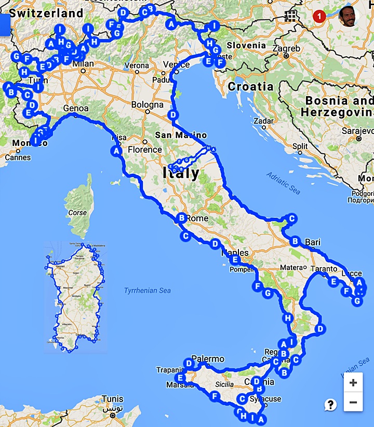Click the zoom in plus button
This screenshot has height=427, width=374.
(353, 383)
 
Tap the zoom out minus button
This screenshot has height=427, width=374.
(353, 402)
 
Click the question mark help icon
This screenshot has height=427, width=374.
(330, 405)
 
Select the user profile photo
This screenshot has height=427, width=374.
(349, 17)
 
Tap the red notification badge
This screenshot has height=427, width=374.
(320, 17)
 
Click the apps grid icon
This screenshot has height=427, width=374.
(289, 16)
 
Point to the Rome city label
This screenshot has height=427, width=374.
(198, 219)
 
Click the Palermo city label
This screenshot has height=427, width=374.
(208, 359)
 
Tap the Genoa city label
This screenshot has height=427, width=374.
(77, 109)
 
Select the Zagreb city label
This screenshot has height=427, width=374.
(286, 49)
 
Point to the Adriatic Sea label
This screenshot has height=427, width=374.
(284, 183)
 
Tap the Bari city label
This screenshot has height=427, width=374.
(313, 242)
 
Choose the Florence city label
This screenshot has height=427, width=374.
(145, 150)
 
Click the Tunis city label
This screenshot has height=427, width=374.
(113, 399)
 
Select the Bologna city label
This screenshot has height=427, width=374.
(147, 105)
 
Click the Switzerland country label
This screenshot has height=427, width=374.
(46, 13)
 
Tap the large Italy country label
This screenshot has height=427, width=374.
(181, 173)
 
